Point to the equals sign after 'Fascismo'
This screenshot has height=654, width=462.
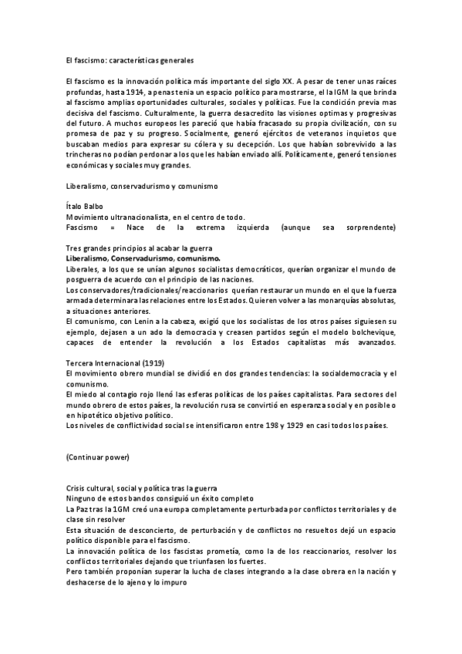(113, 228)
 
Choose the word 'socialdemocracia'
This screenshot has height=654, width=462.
(336, 374)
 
